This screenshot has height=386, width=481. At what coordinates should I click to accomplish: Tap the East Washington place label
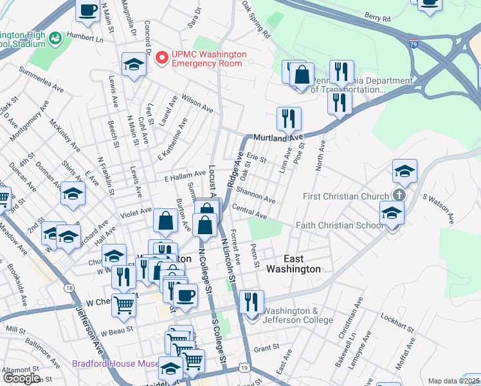coord(293,264)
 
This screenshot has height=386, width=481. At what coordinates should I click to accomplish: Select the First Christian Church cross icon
coord(399,196)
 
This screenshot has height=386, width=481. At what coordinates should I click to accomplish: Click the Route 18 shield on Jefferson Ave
coord(69,288)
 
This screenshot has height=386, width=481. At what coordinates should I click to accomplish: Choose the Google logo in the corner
coord(21,378)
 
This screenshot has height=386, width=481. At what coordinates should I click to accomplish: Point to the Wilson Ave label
coord(197,104)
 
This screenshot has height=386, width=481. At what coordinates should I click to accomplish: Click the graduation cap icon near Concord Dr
coord(134,64)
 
